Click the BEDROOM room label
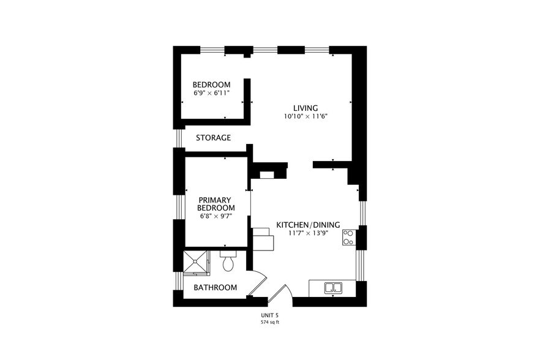coord(211,84)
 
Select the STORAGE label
coord(213,138)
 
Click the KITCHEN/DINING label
coord(308,225)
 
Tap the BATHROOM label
coord(215,287)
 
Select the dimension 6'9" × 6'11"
coord(211,93)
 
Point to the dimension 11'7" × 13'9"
coord(308,233)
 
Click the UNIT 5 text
coord(270,316)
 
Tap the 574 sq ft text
coord(270,322)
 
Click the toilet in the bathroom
coord(228,262)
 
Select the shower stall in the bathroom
coord(196,262)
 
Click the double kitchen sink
coord(334,287)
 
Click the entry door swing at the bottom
coord(280,294)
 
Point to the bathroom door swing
coord(258,283)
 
